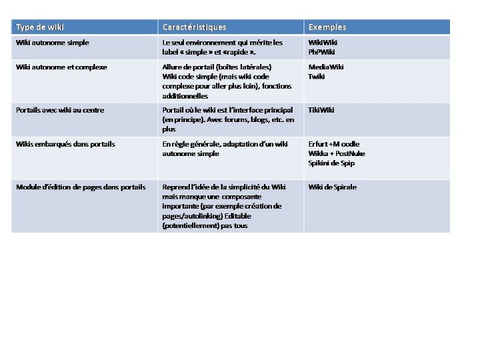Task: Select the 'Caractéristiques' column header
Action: tap(194, 27)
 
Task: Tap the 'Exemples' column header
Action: tap(327, 27)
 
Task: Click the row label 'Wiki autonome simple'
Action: tap(53, 43)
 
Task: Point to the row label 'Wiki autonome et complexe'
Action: tap(61, 67)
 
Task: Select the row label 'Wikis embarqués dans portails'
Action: tap(65, 144)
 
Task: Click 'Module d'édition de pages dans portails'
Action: tap(81, 187)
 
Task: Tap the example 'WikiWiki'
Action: tap(323, 43)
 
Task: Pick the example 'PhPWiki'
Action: tap(321, 52)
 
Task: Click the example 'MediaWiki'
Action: tap(326, 67)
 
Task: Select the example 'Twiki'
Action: tap(317, 77)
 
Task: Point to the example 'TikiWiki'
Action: tap(321, 110)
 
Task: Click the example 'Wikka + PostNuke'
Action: tap(337, 153)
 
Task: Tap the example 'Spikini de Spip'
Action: tap(331, 163)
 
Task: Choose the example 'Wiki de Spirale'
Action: tap(332, 187)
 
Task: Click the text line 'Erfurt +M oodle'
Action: tap(333, 144)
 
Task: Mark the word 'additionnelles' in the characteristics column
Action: tap(185, 96)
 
